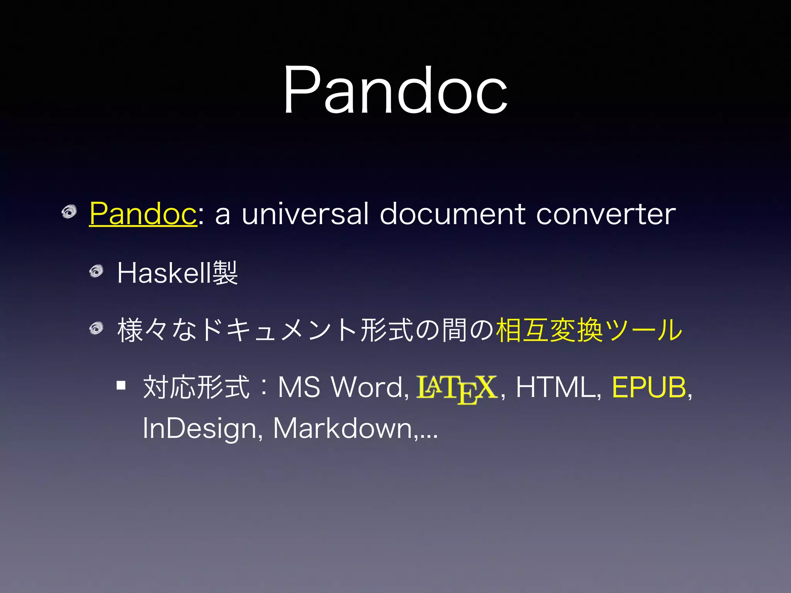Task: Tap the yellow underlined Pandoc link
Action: (x=143, y=213)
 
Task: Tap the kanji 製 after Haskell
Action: (x=225, y=273)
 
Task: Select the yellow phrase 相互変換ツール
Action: (x=589, y=330)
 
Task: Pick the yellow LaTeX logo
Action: (x=456, y=388)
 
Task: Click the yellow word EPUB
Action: (x=649, y=387)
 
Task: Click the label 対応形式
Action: (x=196, y=387)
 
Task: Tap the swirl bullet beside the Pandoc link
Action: (x=70, y=212)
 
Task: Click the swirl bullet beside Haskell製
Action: (x=97, y=271)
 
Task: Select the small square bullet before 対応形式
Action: (x=121, y=385)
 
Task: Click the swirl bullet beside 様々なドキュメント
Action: (x=97, y=329)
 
